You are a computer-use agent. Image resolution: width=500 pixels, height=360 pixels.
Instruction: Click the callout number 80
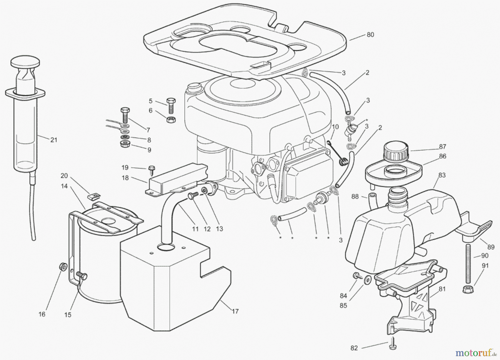pyautogui.click(x=370, y=35)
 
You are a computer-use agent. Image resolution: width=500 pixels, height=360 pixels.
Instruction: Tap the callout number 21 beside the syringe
pyautogui.click(x=54, y=140)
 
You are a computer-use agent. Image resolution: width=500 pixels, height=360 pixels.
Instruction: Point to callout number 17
pyautogui.click(x=235, y=311)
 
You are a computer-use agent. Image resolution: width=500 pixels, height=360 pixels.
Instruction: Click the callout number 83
pyautogui.click(x=442, y=175)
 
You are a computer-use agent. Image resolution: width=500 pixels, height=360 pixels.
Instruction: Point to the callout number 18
pyautogui.click(x=125, y=178)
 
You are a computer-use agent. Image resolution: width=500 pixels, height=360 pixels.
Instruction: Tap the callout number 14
pyautogui.click(x=64, y=186)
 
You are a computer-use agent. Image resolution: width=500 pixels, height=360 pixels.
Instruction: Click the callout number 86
pyautogui.click(x=442, y=156)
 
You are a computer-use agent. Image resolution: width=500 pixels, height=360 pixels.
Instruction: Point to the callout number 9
pyautogui.click(x=149, y=150)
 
